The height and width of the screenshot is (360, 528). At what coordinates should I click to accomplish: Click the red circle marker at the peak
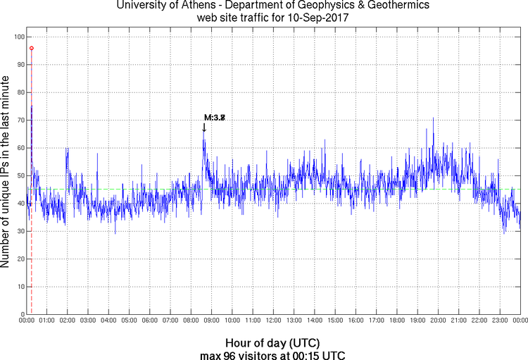tap(31, 48)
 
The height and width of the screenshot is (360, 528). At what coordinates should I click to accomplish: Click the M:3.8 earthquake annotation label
tap(215, 118)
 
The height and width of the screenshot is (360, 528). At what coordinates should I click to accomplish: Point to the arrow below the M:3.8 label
tap(204, 128)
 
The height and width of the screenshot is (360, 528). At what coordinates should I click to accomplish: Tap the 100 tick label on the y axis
tap(18, 37)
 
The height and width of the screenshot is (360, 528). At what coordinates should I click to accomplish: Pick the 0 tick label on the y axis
tap(23, 314)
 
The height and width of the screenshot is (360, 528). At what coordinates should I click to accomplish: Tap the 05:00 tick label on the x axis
tap(129, 321)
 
